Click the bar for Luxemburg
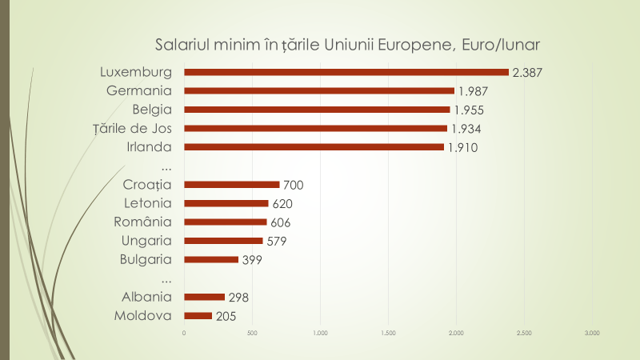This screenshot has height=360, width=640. (x=346, y=72)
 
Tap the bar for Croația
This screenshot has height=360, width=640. (x=231, y=185)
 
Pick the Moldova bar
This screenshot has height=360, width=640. (x=198, y=316)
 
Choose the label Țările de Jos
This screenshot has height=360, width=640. (x=139, y=128)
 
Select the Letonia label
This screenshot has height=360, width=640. (x=150, y=203)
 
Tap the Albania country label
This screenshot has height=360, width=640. (x=148, y=297)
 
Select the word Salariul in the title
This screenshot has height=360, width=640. (x=183, y=42)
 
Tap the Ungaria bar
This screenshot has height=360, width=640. (x=223, y=241)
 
